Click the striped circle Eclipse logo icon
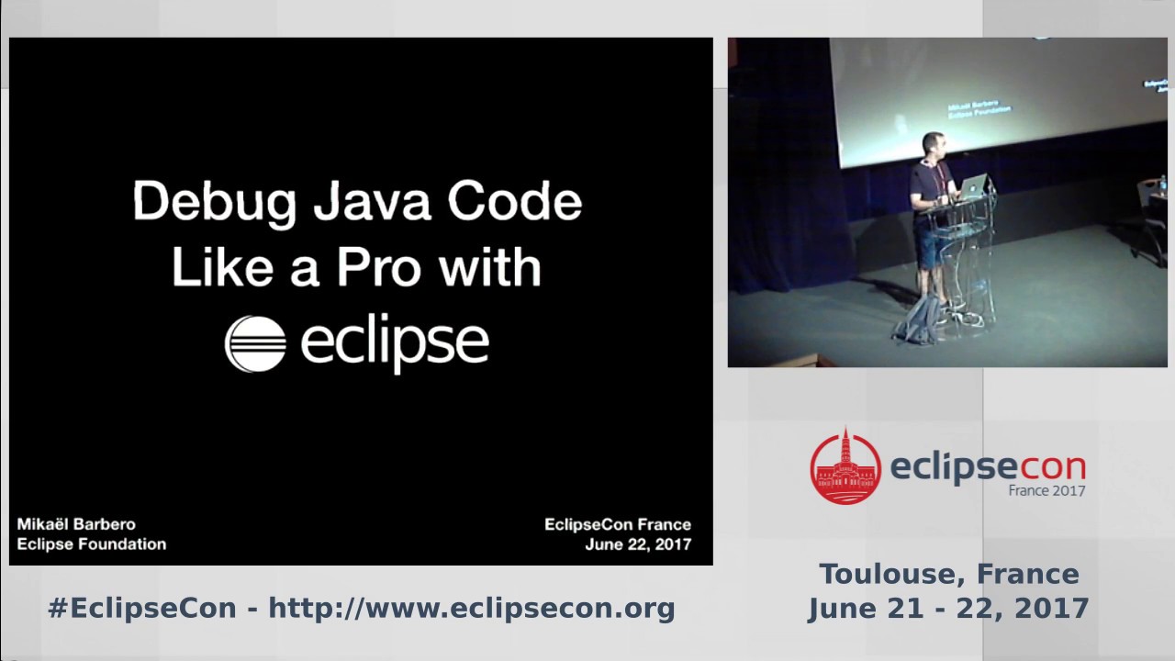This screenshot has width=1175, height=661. click(x=255, y=343)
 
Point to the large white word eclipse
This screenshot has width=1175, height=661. click(x=395, y=342)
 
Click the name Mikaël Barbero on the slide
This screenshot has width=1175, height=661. click(x=76, y=524)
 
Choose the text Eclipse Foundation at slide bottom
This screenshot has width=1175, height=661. click(x=92, y=543)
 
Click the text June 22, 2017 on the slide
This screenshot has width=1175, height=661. click(x=638, y=543)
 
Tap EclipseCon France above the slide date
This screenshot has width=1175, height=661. click(x=618, y=524)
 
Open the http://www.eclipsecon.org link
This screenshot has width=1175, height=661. click(x=472, y=608)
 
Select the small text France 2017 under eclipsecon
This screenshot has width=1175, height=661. click(x=1046, y=490)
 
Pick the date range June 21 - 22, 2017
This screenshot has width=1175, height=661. click(x=948, y=608)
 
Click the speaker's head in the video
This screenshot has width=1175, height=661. click(x=930, y=145)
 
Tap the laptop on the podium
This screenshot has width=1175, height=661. click(x=972, y=185)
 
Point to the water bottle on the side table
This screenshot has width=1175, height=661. click(x=1163, y=183)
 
